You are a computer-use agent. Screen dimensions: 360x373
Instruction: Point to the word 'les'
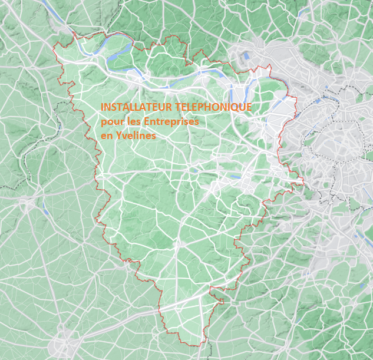pos(130,121)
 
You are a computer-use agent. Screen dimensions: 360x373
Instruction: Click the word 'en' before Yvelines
pos(106,136)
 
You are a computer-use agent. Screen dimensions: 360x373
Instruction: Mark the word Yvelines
pos(136,136)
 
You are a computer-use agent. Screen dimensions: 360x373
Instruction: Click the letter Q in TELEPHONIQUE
pos(235,107)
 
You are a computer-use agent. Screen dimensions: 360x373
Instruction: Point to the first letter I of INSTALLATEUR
pos(103,107)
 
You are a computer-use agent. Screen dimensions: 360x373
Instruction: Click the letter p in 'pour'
pos(103,123)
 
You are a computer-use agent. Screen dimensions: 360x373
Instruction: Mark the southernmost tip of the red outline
pos(194,346)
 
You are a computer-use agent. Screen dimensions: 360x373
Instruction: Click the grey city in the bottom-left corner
pos(62,342)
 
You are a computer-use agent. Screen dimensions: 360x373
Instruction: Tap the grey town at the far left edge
pos(27,204)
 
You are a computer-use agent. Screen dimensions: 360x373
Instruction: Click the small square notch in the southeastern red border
pos(221,301)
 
